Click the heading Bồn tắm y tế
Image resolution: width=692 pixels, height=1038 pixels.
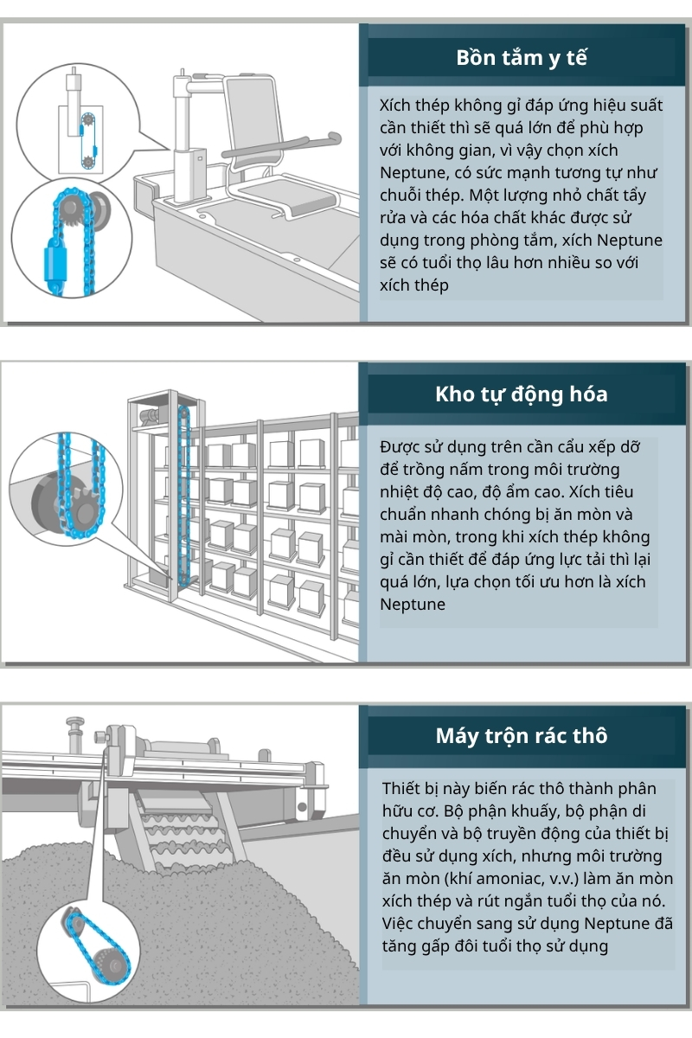tap(522, 59)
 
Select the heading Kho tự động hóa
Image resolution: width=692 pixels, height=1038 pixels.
tap(522, 394)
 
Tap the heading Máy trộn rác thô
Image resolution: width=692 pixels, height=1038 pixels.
tap(522, 736)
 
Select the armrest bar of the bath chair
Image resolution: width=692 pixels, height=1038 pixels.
tap(285, 144)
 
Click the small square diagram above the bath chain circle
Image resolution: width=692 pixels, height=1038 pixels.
tap(80, 138)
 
